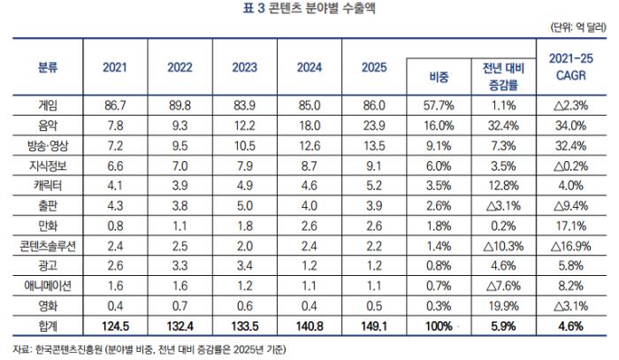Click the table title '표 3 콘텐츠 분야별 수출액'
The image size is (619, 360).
pyautogui.click(x=309, y=8)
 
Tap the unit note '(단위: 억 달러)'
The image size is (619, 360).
pyautogui.click(x=578, y=27)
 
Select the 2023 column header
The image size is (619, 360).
pyautogui.click(x=244, y=67)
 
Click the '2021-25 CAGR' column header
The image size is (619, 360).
pyautogui.click(x=571, y=66)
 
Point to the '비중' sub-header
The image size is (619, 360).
pyautogui.click(x=439, y=77)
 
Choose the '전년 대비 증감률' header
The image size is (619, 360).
pyautogui.click(x=503, y=77)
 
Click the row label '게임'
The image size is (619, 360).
pyautogui.click(x=48, y=105)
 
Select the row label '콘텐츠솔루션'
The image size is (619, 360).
pyautogui.click(x=48, y=246)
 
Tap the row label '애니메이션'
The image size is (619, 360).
pyautogui.click(x=48, y=286)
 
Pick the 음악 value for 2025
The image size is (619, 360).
pyautogui.click(x=374, y=126)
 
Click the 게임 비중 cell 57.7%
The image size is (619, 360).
pyautogui.click(x=439, y=105)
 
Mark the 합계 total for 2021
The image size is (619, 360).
pyautogui.click(x=115, y=326)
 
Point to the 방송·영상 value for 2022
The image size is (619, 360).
pyautogui.click(x=180, y=146)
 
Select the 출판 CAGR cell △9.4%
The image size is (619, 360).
pyautogui.click(x=571, y=206)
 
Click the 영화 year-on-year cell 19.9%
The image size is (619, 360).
pyautogui.click(x=503, y=306)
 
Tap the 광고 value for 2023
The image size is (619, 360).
pyautogui.click(x=244, y=265)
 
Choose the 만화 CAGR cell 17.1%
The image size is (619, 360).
pyautogui.click(x=571, y=226)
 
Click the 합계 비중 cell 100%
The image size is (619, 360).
pyautogui.click(x=439, y=326)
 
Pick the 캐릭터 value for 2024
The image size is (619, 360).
pyautogui.click(x=309, y=186)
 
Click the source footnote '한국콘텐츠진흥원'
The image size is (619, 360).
pyautogui.click(x=69, y=349)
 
